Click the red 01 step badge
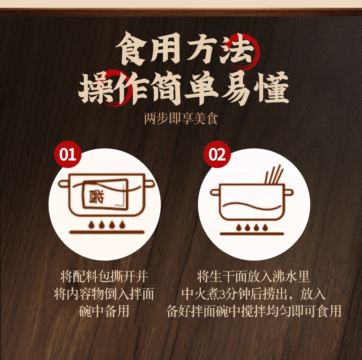[68, 154]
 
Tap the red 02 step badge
[217, 154]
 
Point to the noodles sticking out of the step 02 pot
[274, 175]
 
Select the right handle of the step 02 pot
[289, 192]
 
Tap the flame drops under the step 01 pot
[107, 224]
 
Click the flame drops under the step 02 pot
[252, 228]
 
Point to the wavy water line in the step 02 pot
[252, 206]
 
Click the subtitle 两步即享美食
[181, 119]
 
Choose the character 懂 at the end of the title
[272, 87]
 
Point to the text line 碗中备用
[104, 311]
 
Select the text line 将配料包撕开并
[104, 277]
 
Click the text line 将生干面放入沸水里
[253, 277]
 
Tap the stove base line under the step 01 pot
[107, 232]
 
